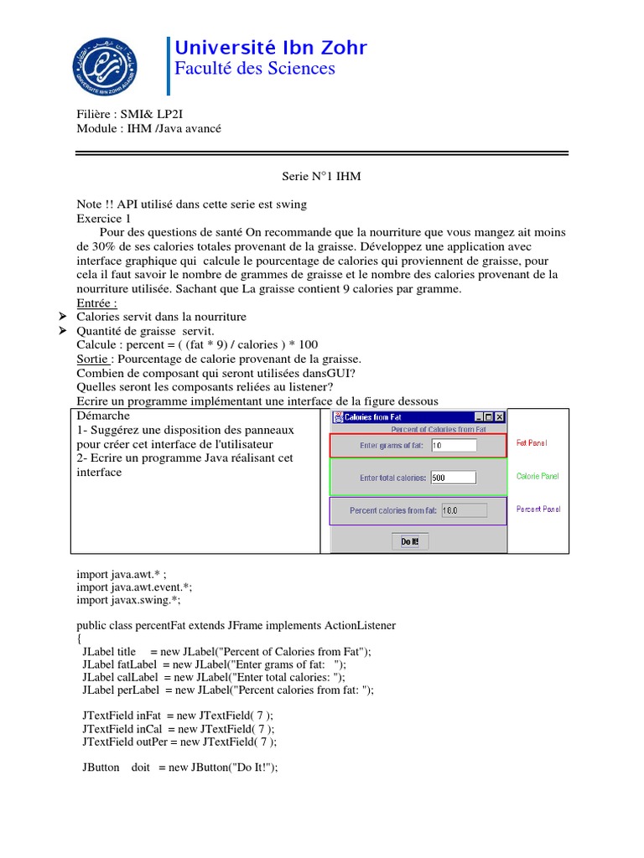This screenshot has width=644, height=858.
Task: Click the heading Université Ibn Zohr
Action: click(x=270, y=48)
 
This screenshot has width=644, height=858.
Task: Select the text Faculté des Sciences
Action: click(x=254, y=69)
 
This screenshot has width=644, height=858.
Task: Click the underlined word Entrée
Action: click(x=96, y=302)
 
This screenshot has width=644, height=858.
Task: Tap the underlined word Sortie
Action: click(x=92, y=359)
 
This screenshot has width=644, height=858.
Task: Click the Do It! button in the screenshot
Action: click(x=413, y=542)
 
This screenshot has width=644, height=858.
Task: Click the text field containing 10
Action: click(x=453, y=446)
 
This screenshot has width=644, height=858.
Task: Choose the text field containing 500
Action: click(x=453, y=478)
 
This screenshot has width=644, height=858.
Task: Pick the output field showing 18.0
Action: click(x=463, y=510)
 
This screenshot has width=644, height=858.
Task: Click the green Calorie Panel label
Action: click(x=538, y=476)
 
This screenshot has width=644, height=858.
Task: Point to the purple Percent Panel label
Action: click(x=538, y=509)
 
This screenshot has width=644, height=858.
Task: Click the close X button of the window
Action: click(x=500, y=416)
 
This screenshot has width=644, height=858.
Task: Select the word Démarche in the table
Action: click(x=103, y=416)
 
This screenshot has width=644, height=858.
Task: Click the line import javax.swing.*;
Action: click(x=128, y=600)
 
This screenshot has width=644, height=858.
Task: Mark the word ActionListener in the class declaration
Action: click(x=353, y=625)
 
